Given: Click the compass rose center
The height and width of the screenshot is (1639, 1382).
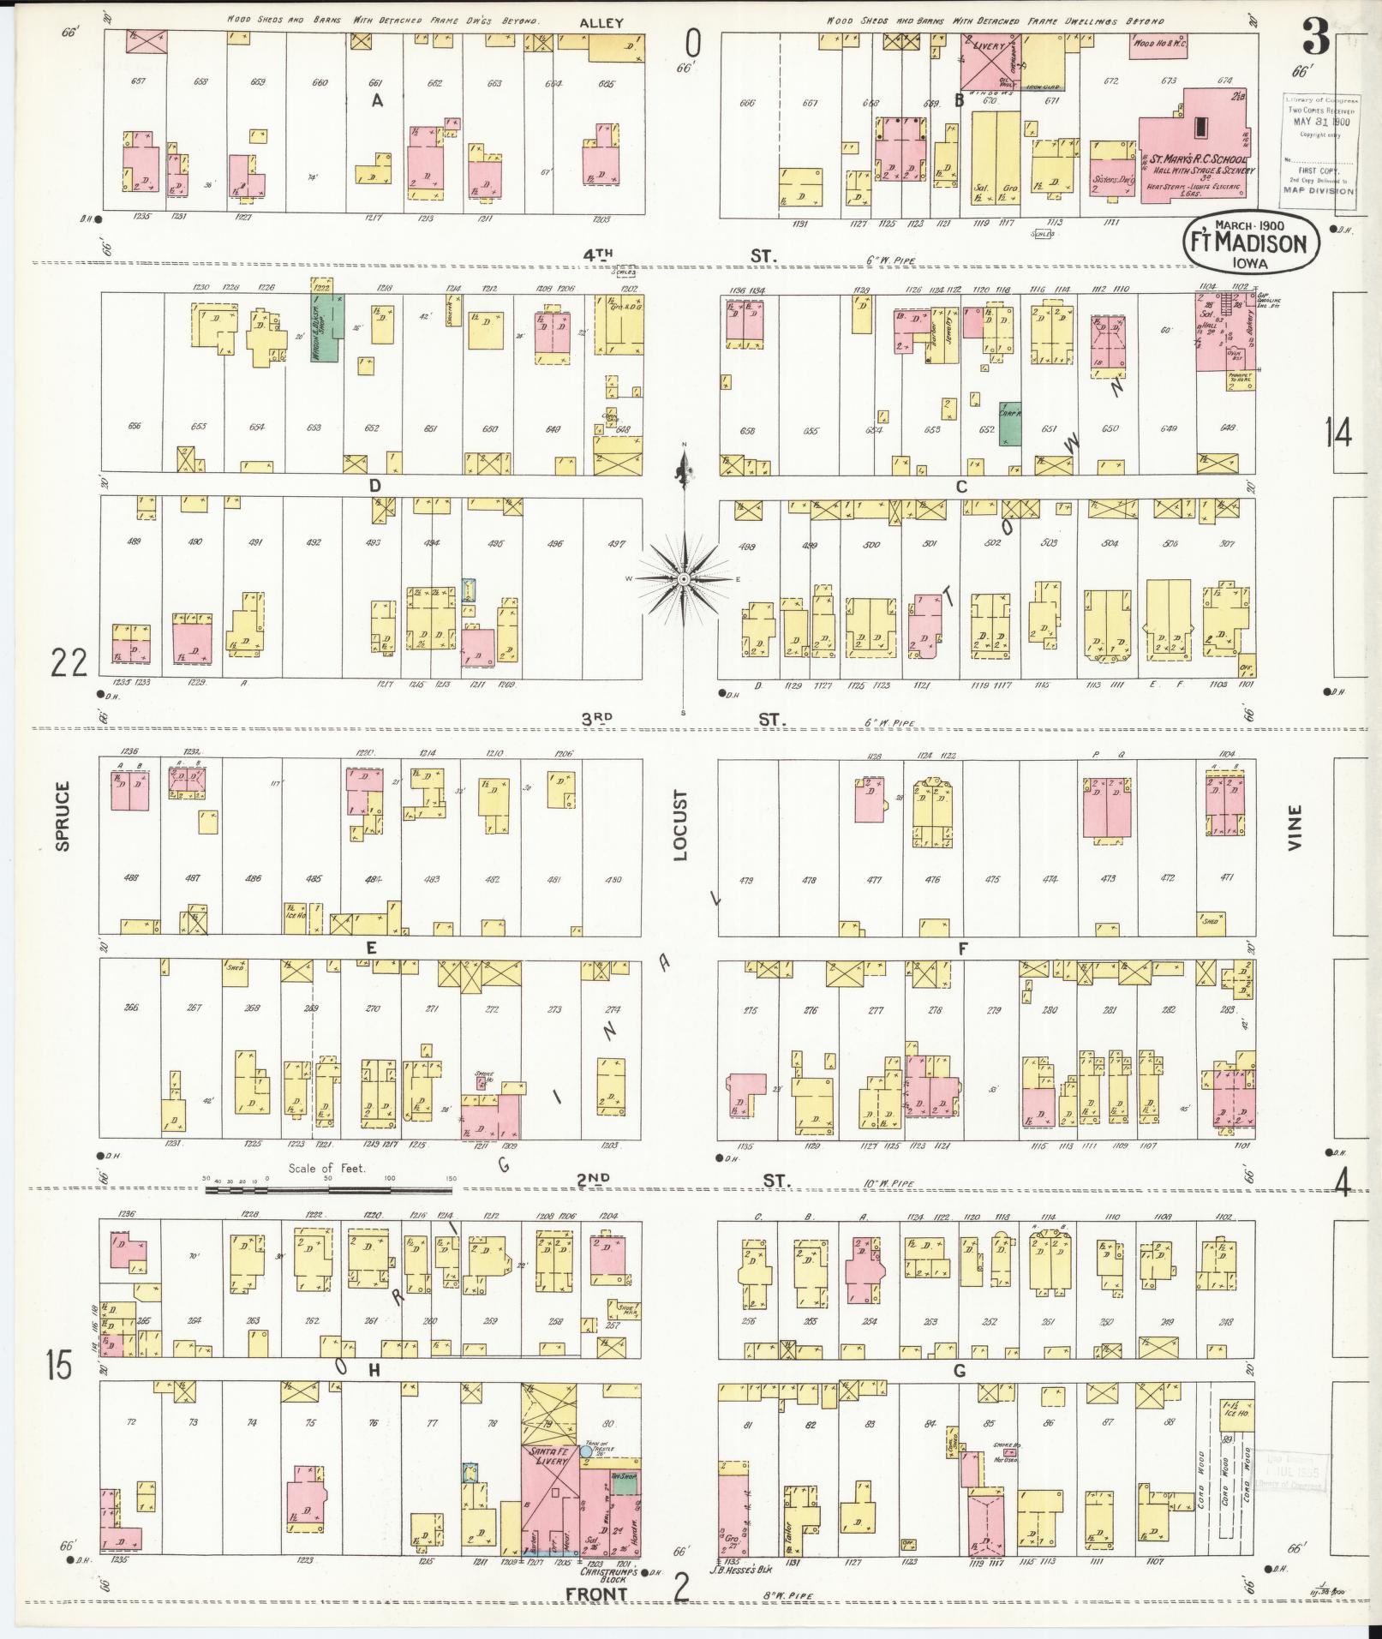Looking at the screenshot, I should [x=684, y=580].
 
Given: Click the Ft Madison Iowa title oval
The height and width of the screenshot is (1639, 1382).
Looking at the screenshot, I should [x=1250, y=242].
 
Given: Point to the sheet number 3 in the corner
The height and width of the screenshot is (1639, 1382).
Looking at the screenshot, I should [x=1315, y=36].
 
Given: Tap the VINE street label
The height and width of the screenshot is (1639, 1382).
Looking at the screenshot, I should [x=1294, y=827].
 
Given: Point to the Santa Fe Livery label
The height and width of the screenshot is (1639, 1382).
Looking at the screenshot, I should [x=552, y=1455].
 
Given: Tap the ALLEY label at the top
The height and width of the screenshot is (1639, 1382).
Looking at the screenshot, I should [x=601, y=23].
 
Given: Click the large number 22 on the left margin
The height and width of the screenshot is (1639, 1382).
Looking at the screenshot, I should [x=69, y=662].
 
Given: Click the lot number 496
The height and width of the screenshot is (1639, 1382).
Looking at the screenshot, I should [x=555, y=543].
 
